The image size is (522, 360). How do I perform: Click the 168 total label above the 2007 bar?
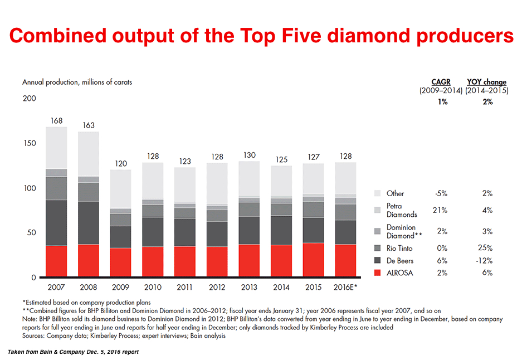56,120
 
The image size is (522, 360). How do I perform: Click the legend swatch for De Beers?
377,261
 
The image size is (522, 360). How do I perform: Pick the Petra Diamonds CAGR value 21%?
440,210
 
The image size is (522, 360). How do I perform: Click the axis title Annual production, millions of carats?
77,82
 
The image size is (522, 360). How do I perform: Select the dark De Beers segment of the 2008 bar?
89,222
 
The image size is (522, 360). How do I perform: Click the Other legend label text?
396,193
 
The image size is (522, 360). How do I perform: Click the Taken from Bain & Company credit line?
72,352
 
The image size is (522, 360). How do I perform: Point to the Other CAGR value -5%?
440,193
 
